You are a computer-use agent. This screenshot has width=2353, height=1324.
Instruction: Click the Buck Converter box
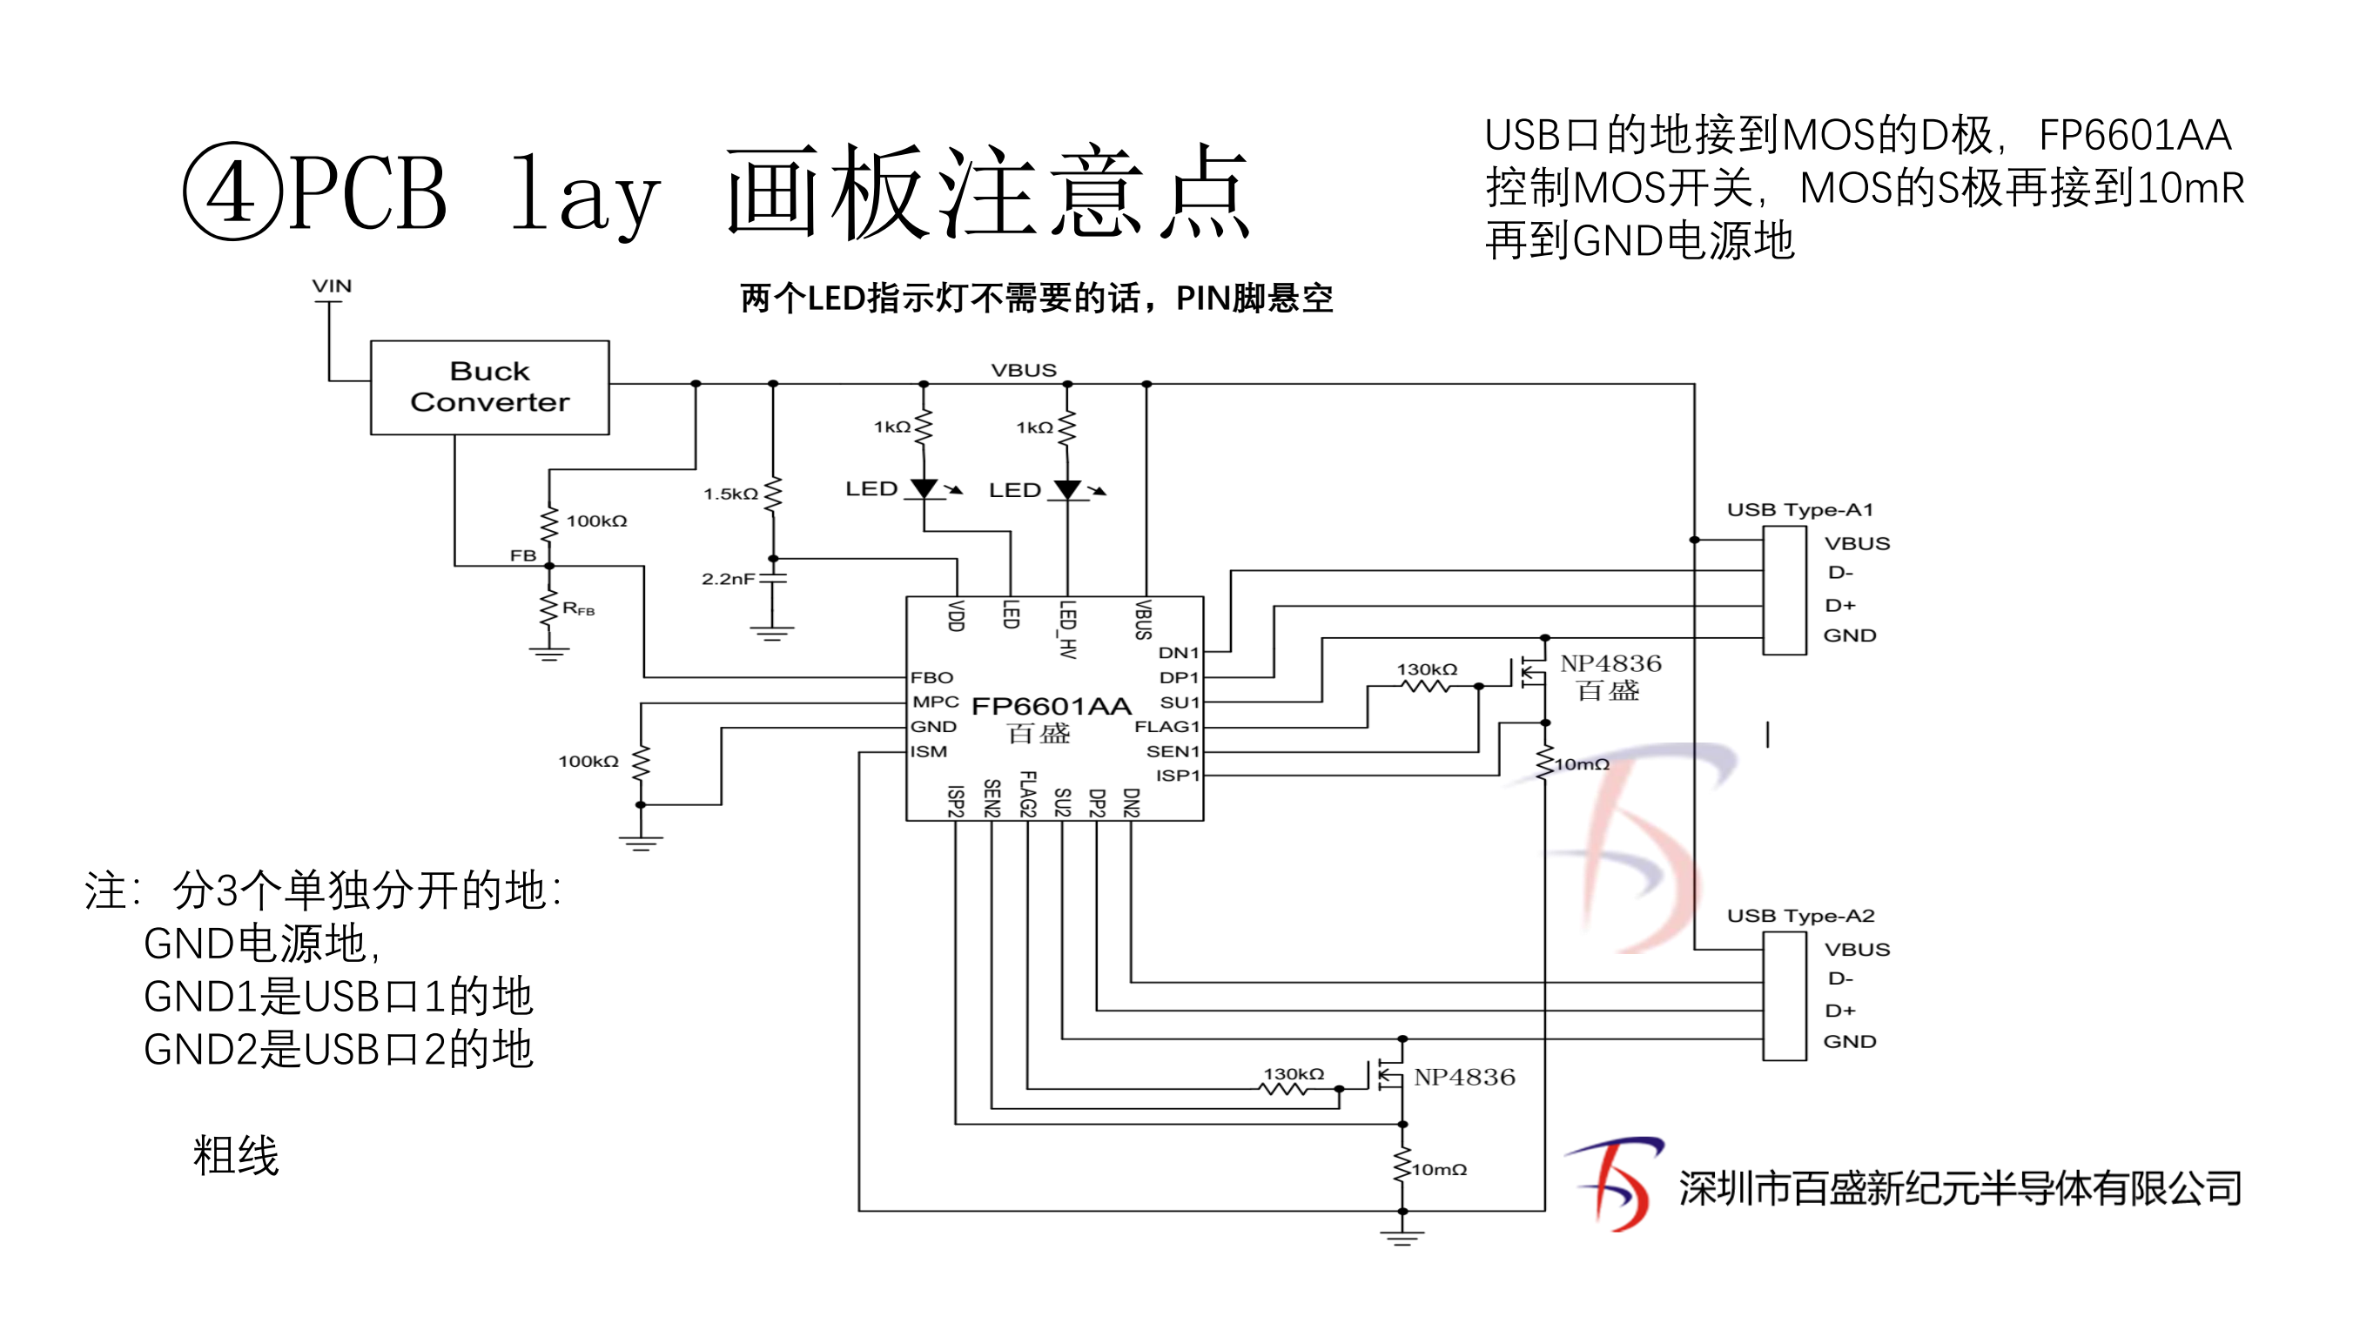click(x=489, y=387)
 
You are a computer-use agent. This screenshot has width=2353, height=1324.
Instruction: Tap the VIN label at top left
click(x=332, y=286)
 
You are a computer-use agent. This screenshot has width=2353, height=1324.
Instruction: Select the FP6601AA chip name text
click(x=1051, y=706)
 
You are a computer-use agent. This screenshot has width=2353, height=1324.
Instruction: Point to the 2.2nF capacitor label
click(x=728, y=579)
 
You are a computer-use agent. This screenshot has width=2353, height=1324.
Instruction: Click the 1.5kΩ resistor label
click(x=729, y=494)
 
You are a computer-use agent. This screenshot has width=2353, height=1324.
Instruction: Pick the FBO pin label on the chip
click(x=931, y=677)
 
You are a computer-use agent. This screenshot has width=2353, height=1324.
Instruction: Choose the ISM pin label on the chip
click(x=928, y=751)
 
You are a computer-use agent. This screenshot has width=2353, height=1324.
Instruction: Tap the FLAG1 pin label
click(x=1166, y=727)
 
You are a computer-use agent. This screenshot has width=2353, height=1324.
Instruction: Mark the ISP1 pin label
click(x=1178, y=776)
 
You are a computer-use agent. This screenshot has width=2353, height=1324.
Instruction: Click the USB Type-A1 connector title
click(x=1799, y=509)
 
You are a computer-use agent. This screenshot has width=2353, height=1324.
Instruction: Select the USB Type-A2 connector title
click(x=1800, y=916)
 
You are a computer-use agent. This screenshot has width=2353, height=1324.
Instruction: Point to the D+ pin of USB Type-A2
click(x=1839, y=1011)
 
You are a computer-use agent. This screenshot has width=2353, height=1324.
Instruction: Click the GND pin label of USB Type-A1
click(x=1850, y=635)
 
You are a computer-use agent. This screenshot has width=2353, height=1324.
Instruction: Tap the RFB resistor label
click(x=578, y=609)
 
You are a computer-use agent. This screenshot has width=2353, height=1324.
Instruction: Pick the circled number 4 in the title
click(x=233, y=191)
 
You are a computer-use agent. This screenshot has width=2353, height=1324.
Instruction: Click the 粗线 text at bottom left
click(x=236, y=1155)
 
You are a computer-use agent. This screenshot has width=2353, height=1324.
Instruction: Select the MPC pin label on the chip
click(x=935, y=702)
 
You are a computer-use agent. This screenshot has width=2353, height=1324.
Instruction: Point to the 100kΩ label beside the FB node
click(x=596, y=521)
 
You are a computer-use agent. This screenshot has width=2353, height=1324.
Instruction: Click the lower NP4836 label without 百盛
click(x=1464, y=1078)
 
